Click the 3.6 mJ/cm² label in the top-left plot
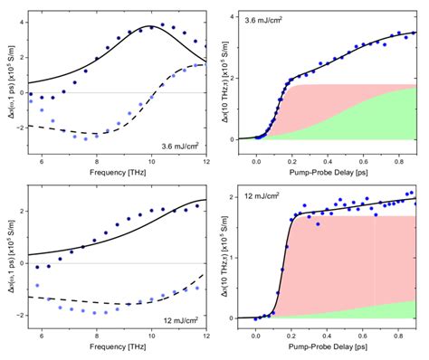point(180,146)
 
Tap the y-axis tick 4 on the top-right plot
point(234,17)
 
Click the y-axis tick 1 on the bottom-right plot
point(234,258)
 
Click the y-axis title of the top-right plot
point(222,77)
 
